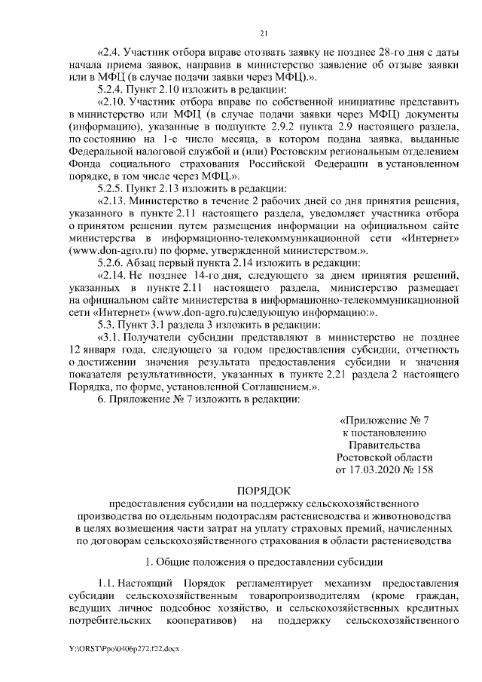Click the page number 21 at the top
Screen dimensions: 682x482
pyautogui.click(x=263, y=32)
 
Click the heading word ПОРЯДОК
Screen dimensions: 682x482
pyautogui.click(x=263, y=490)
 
